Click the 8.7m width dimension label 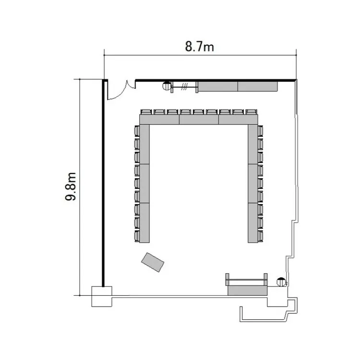tap(199, 47)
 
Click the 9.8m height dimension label tap(71, 186)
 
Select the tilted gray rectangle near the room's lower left tap(153, 262)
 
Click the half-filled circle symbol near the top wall tap(167, 86)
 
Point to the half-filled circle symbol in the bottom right tap(281, 282)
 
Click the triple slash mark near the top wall tap(184, 86)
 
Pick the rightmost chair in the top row tap(251, 112)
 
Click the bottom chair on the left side tap(137, 236)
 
